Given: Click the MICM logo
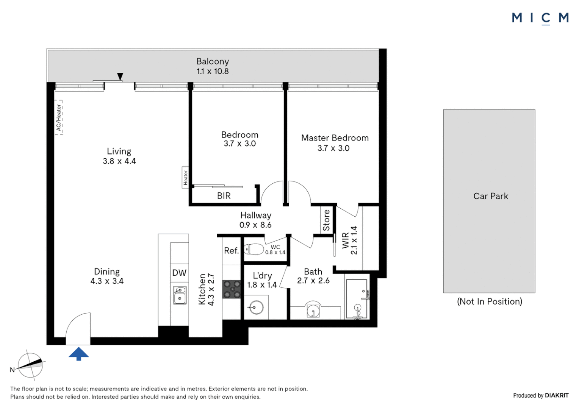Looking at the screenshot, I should pyautogui.click(x=540, y=18).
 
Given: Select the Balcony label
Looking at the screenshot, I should pyautogui.click(x=213, y=61).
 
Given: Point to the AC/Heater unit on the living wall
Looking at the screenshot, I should pyautogui.click(x=59, y=117).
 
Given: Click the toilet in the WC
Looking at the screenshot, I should pyautogui.click(x=254, y=249).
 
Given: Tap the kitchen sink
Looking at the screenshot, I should pyautogui.click(x=180, y=295).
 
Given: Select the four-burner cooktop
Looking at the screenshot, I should pyautogui.click(x=232, y=289).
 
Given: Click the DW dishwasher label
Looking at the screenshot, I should pyautogui.click(x=179, y=273).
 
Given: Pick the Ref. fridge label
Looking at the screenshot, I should pyautogui.click(x=231, y=251).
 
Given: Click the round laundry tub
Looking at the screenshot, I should pyautogui.click(x=256, y=308).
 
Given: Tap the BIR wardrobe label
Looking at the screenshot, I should pyautogui.click(x=224, y=196).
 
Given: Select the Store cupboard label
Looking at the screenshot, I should pyautogui.click(x=326, y=220).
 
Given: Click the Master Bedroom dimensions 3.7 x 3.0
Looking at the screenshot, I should pyautogui.click(x=333, y=148).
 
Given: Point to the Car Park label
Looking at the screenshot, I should pyautogui.click(x=490, y=196).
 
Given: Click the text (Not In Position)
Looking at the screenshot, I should pyautogui.click(x=489, y=301).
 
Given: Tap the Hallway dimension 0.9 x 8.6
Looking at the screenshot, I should pyautogui.click(x=255, y=225).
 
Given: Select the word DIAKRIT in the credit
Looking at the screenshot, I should pyautogui.click(x=557, y=395).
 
